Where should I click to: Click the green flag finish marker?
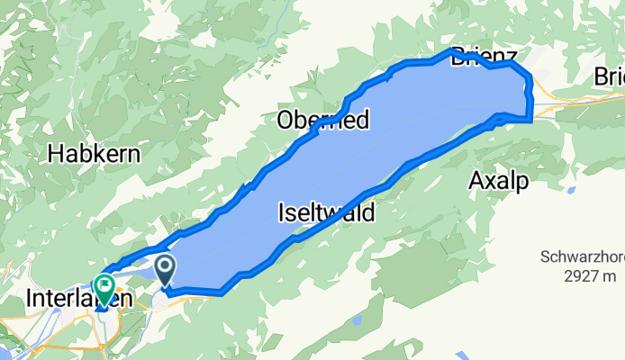click(x=104, y=289)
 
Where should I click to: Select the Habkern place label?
click(x=95, y=154)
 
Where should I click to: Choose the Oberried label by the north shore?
click(x=323, y=120)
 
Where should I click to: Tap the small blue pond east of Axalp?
click(x=569, y=190)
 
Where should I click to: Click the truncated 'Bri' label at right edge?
click(x=610, y=79)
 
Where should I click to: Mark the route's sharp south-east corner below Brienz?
click(x=531, y=117)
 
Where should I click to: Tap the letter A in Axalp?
click(x=476, y=181)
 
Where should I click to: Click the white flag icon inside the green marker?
click(x=104, y=287)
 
